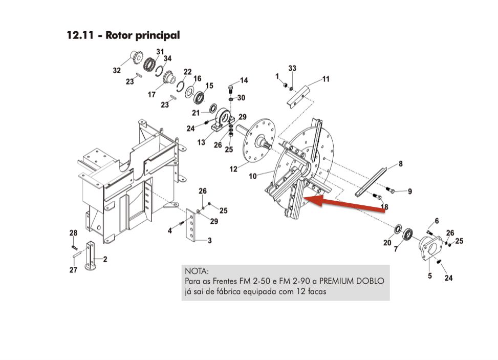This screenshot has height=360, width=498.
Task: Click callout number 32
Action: pos(117,71)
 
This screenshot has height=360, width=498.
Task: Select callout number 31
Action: pos(160,52)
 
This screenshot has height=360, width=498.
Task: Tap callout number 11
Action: pos(326,79)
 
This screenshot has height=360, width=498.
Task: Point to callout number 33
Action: pos(292,68)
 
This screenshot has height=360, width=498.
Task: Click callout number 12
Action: pos(234,168)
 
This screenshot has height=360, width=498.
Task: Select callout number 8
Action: pos(400,164)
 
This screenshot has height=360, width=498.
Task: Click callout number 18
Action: pos(384,206)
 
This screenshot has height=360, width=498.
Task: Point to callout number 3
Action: pos(209,240)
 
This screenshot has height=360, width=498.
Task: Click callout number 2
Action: pos(105,259)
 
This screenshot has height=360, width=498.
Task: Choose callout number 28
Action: pos(74,233)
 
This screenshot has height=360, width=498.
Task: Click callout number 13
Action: pos(201,142)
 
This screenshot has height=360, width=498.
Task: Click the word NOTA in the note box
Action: pos(196,270)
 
